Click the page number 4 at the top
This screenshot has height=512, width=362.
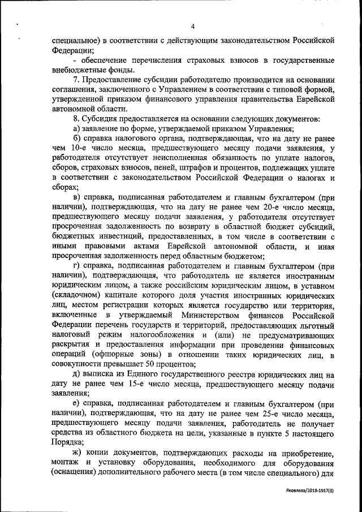pos(193,27)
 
